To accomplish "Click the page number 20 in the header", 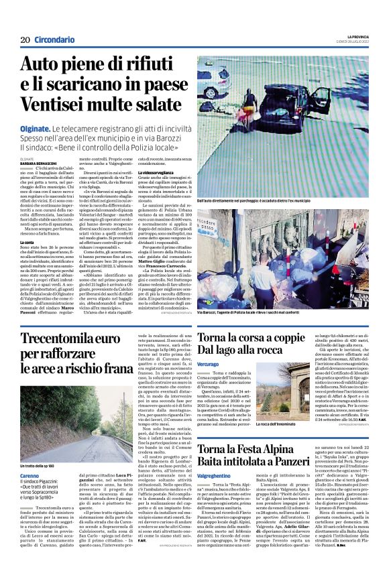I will [24, 40].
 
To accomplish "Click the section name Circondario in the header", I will [54, 40].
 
